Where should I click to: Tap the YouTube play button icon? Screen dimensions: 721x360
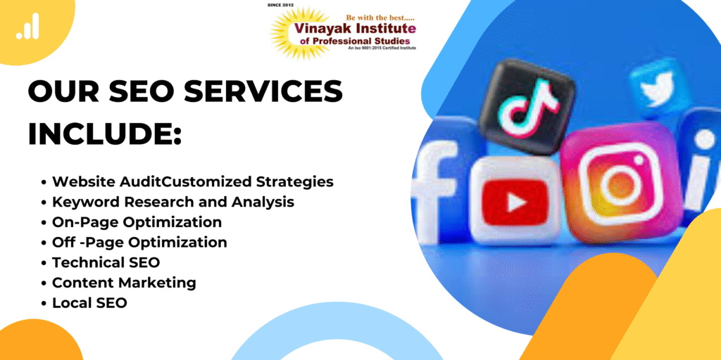[513, 201]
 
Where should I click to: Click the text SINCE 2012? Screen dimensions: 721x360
[280, 5]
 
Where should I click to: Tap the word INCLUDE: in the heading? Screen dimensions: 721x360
[105, 134]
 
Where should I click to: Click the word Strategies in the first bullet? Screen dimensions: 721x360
[294, 182]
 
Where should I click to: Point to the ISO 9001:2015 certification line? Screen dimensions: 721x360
[382, 48]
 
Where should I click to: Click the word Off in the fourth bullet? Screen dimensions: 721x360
[62, 242]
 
